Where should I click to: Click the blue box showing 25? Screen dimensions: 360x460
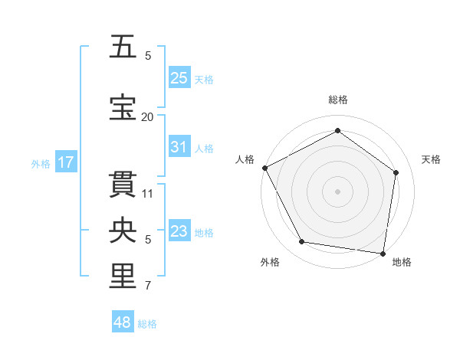tap(179, 78)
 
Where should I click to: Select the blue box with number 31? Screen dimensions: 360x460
tap(179, 147)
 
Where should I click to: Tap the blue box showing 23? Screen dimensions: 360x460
tap(179, 231)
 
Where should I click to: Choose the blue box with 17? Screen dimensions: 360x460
tap(66, 162)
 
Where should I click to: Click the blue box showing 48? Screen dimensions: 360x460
tap(123, 322)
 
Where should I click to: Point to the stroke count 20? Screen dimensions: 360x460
tap(147, 116)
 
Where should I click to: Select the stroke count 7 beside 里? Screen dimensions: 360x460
tap(148, 286)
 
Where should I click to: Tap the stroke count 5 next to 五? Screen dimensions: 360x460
tap(148, 56)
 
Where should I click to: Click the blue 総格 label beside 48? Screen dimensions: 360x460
tap(147, 324)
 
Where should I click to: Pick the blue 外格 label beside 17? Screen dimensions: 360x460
tap(41, 163)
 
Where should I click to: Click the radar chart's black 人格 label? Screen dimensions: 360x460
tap(245, 159)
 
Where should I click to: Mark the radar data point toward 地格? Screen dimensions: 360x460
tap(383, 253)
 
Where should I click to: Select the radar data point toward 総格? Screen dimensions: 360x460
tap(337, 130)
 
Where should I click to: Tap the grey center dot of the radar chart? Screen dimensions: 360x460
tap(337, 191)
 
